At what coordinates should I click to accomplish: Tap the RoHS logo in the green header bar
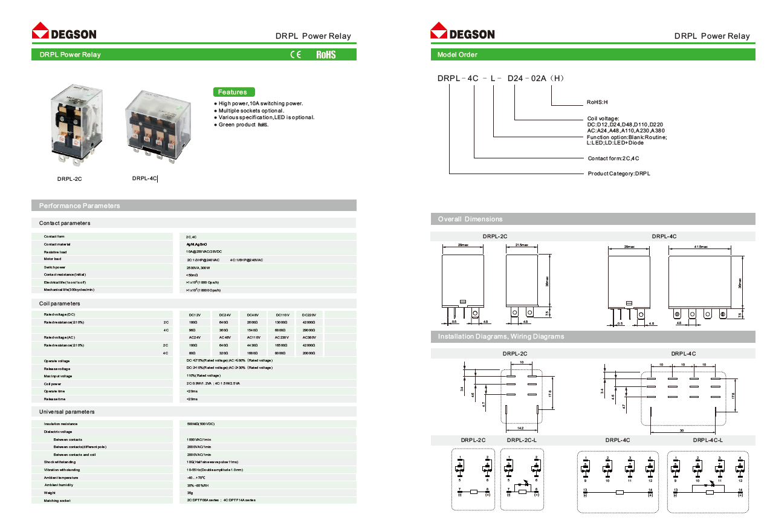point(326,54)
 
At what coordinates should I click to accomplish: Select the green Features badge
point(233,92)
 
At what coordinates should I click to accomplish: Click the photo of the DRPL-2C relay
point(72,125)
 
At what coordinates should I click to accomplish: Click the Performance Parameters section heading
point(79,206)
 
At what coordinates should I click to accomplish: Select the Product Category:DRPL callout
point(619,174)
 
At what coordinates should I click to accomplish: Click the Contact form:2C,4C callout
point(613,158)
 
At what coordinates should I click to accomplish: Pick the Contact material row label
point(57,244)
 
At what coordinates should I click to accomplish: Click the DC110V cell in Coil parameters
point(282,315)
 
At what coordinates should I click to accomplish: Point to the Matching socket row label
point(57,501)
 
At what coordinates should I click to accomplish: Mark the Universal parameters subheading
point(66,412)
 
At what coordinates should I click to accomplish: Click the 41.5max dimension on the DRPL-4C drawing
point(701,247)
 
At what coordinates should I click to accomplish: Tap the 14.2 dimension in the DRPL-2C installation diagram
point(520,428)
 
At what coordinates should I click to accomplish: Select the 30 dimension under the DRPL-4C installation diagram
point(682,430)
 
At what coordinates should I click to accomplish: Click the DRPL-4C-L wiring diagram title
point(707,440)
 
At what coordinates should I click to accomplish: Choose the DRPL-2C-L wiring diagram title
point(521,440)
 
